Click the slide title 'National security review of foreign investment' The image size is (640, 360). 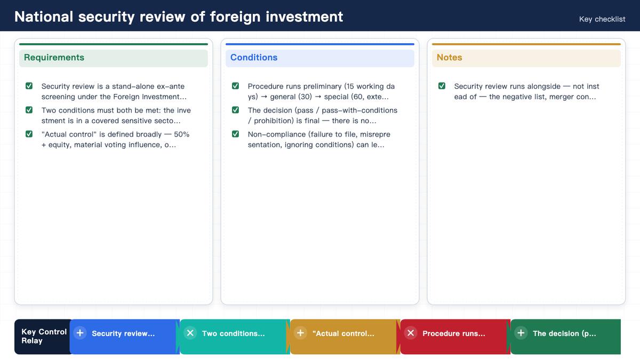(179, 17)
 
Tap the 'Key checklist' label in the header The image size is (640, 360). (602, 19)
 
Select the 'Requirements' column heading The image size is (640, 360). (54, 58)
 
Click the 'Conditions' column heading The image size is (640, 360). (254, 58)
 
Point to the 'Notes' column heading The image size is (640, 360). (449, 58)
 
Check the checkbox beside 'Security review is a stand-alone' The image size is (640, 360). (29, 86)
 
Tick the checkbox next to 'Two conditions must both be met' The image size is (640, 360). (29, 110)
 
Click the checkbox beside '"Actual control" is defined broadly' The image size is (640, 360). (29, 134)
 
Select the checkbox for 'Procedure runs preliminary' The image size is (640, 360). (235, 86)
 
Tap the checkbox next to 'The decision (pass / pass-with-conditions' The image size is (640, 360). (235, 110)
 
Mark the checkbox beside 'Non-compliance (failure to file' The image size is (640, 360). (235, 134)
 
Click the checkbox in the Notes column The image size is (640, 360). (442, 86)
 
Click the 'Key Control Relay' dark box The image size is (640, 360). (43, 337)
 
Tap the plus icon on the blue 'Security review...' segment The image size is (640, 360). (80, 333)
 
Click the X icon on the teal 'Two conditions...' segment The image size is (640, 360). (190, 333)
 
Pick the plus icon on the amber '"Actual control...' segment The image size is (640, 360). (301, 333)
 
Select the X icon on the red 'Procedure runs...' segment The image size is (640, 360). (411, 333)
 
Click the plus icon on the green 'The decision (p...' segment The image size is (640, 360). (521, 333)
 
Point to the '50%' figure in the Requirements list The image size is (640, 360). (182, 134)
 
